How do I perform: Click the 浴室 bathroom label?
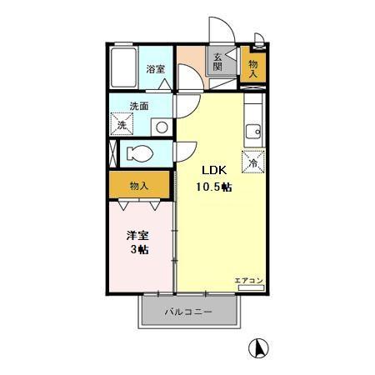click(155, 69)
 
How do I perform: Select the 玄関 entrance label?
click(218, 63)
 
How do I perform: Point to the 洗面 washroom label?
click(139, 107)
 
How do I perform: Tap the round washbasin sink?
click(161, 127)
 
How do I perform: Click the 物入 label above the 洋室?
click(139, 185)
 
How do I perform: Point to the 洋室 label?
click(137, 236)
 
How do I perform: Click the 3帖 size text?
click(138, 250)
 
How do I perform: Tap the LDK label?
click(210, 172)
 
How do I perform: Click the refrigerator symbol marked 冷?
click(253, 162)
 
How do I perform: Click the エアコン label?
click(248, 280)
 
